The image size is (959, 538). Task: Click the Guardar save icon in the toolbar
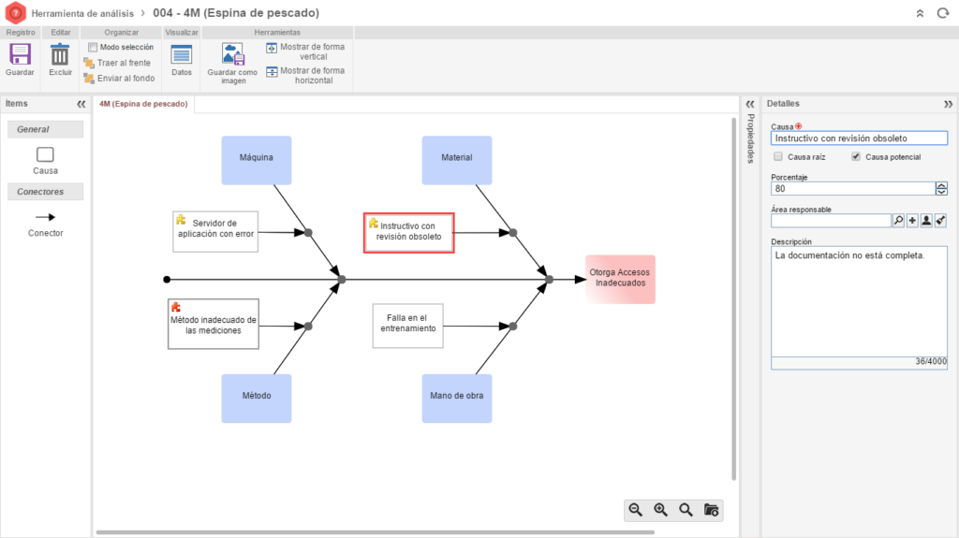click(20, 54)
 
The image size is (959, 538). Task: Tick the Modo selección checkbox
click(93, 47)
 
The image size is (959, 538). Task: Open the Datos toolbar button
click(181, 54)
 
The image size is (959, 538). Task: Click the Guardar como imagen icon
click(232, 54)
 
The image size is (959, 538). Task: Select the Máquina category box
click(257, 160)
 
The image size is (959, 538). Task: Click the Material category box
click(457, 160)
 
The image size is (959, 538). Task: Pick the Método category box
click(257, 399)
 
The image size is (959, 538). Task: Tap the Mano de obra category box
click(457, 399)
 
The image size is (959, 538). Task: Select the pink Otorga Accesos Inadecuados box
click(620, 280)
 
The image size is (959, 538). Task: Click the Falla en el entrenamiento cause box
click(408, 326)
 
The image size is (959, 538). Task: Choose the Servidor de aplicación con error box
click(215, 232)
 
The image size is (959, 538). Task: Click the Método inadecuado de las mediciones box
click(214, 324)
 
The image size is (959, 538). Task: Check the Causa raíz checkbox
click(778, 156)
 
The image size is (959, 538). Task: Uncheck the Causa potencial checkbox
click(856, 156)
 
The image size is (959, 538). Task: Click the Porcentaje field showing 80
click(852, 189)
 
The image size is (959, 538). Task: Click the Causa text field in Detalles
click(859, 138)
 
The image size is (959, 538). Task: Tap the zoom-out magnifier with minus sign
click(636, 510)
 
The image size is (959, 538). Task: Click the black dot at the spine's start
click(167, 280)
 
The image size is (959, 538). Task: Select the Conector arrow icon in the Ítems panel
click(45, 217)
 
